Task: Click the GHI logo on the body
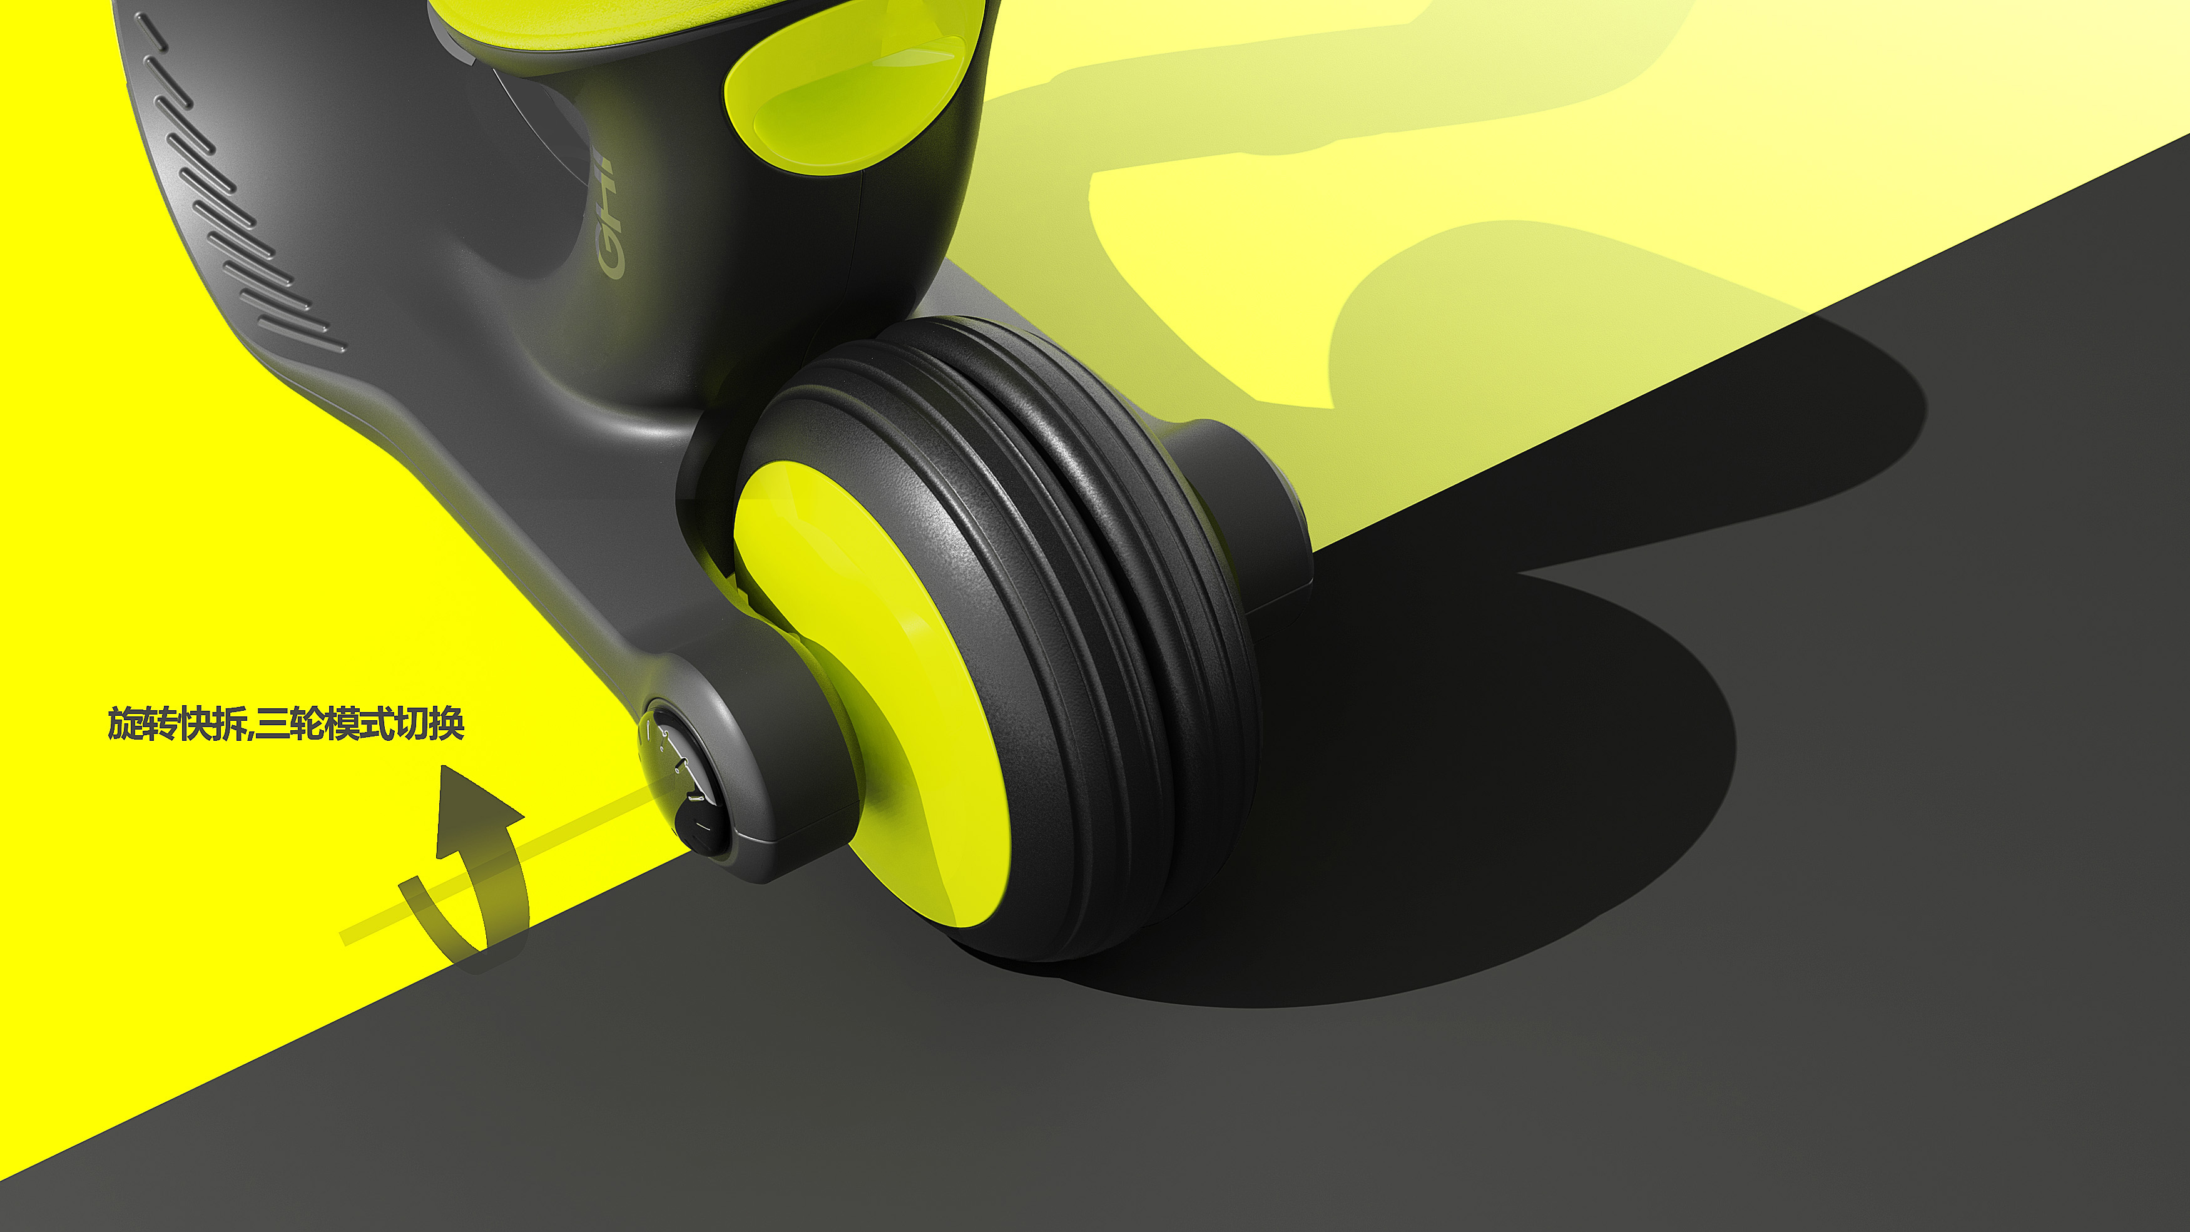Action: point(609,217)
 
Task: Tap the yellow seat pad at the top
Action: point(680,21)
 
